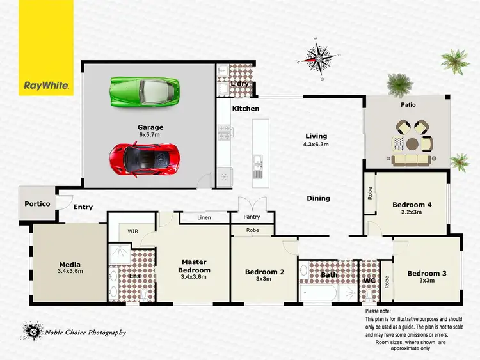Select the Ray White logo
click(x=46, y=84)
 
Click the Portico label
click(x=37, y=204)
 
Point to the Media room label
click(x=70, y=265)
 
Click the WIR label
click(x=133, y=230)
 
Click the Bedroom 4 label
click(x=412, y=205)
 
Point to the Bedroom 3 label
click(x=427, y=274)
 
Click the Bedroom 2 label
click(x=264, y=272)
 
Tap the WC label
click(x=369, y=281)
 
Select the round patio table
click(x=411, y=143)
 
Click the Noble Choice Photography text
click(x=85, y=332)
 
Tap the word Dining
click(x=318, y=198)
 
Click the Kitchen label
click(x=246, y=109)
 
